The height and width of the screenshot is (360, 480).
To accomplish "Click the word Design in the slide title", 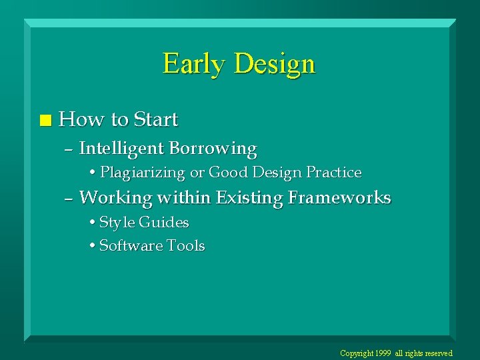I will [x=275, y=64].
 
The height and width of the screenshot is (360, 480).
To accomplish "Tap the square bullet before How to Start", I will [x=45, y=121].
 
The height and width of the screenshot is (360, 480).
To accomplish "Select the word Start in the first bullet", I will [x=155, y=120].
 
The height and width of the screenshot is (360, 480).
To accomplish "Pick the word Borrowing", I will [x=213, y=148].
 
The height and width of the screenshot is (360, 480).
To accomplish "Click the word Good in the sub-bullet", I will [x=228, y=173].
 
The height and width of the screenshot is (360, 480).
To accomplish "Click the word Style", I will [x=117, y=223].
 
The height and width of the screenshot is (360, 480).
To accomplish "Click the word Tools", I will [x=186, y=246].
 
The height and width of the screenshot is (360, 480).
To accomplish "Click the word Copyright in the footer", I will [x=357, y=353].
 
